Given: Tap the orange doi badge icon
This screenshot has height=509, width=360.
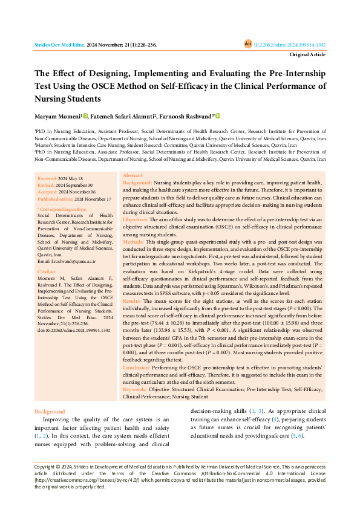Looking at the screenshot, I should tap(247, 44).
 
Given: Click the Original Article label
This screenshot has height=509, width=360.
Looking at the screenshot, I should tap(308, 54).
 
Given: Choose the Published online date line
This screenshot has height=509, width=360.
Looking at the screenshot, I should tap(74, 198).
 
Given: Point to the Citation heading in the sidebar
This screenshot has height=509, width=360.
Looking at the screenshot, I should tap(47, 273).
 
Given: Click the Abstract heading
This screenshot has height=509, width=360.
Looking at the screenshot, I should tap(133, 175).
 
